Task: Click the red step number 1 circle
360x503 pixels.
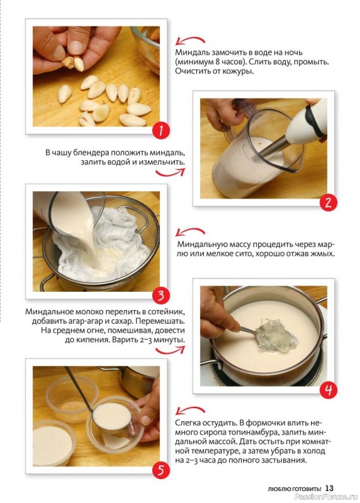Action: tap(161, 130)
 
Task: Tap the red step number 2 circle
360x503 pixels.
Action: tap(328, 202)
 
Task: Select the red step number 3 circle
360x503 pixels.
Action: tap(161, 296)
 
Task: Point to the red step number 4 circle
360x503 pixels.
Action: tap(328, 390)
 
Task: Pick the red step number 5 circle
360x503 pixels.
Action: tap(161, 470)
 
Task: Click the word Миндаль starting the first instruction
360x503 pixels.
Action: tap(190, 52)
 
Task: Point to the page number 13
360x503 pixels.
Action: tap(329, 489)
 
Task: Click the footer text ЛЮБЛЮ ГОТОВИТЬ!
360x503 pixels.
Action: tap(295, 489)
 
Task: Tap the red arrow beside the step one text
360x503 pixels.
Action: tap(190, 40)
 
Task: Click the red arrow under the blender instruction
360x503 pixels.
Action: tap(171, 172)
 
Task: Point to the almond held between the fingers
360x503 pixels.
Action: tap(79, 64)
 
